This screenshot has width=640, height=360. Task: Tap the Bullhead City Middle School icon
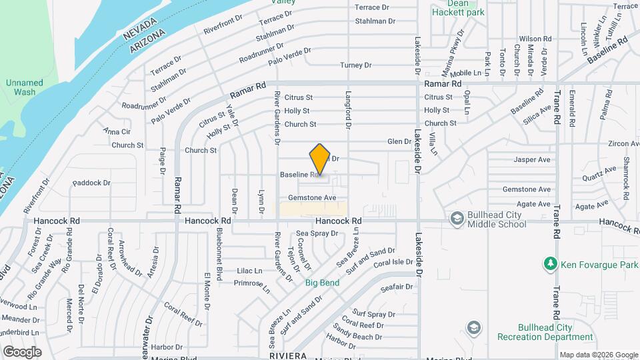(457, 218)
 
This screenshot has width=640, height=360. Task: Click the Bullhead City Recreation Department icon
(473, 327)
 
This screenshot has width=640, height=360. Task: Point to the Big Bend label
(323, 283)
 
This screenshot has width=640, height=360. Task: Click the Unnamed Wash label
(25, 87)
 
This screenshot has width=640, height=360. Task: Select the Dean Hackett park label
(457, 8)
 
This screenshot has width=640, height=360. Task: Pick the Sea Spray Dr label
(317, 233)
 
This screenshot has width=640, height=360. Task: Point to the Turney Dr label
(355, 65)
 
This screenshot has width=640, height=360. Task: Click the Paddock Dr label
(91, 182)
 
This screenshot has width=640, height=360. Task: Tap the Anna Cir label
(117, 131)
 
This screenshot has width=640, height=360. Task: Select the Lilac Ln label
(249, 271)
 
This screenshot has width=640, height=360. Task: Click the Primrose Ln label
(251, 286)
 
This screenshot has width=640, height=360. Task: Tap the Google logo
(22, 352)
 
